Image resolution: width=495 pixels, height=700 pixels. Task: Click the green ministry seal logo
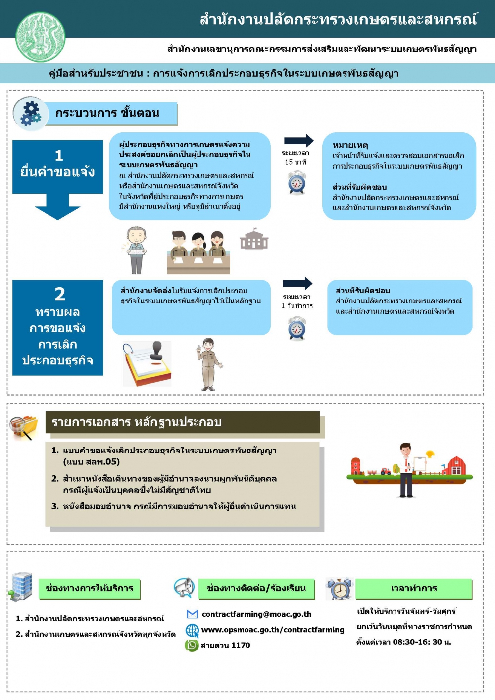tap(40, 37)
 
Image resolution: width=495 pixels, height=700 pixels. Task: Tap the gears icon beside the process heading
tap(31, 113)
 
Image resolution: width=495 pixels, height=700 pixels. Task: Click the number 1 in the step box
tap(59, 155)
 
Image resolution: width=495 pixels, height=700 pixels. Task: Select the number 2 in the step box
tap(59, 294)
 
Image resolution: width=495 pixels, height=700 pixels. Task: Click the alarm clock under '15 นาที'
tap(297, 183)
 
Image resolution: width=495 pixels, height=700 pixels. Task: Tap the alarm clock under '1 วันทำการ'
tap(297, 328)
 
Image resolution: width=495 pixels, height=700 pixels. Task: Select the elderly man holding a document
tap(136, 250)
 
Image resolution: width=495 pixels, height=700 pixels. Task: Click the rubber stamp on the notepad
tap(156, 352)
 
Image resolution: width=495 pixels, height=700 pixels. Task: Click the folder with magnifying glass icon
tap(24, 427)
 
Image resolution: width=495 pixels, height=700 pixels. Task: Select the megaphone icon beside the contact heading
tap(184, 588)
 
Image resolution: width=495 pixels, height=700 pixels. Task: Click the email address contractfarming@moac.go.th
tap(256, 614)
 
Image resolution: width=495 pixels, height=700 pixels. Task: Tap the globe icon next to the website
tap(192, 630)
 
